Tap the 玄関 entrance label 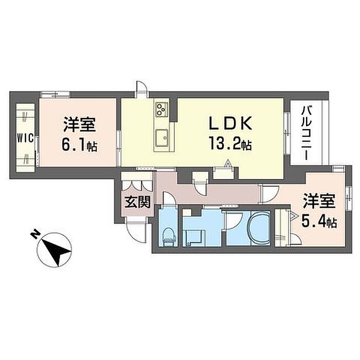(137, 202)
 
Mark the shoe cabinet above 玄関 (137, 183)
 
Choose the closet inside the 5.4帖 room (281, 228)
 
